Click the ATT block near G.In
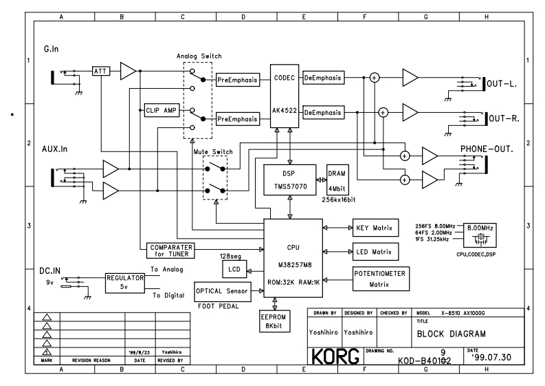coord(100,71)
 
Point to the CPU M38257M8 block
coord(293,257)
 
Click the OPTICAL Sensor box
coord(223,291)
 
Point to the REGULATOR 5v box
coord(124,283)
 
